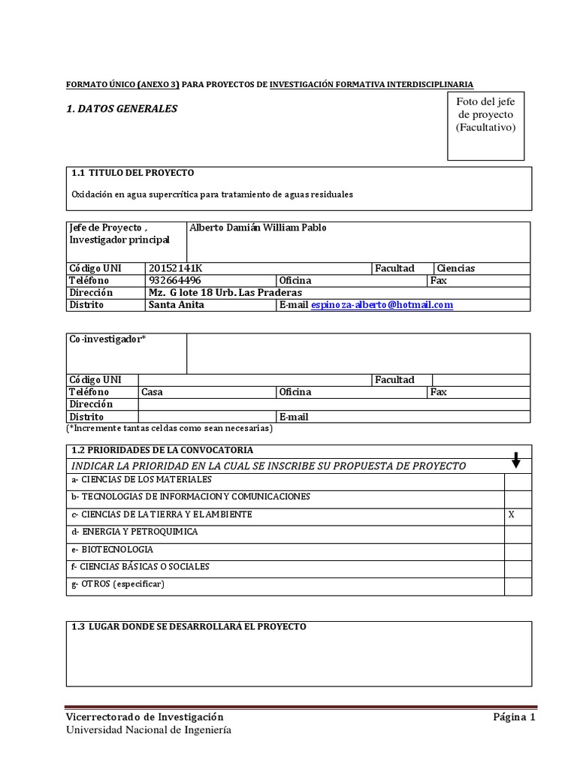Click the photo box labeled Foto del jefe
(x=485, y=125)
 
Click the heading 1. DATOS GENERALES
(x=122, y=109)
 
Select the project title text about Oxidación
(x=212, y=194)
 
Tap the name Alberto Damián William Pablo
(x=258, y=228)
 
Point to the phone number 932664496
(x=175, y=280)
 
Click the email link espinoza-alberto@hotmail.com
(x=382, y=305)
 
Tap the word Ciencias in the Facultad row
(x=456, y=268)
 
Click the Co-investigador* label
(x=107, y=339)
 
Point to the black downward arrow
(x=516, y=461)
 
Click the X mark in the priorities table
(x=512, y=514)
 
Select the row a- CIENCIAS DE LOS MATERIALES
(x=141, y=479)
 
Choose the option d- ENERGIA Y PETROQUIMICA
(x=134, y=532)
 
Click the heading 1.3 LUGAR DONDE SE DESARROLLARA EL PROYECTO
(x=189, y=626)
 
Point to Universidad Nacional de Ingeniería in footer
(x=149, y=730)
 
